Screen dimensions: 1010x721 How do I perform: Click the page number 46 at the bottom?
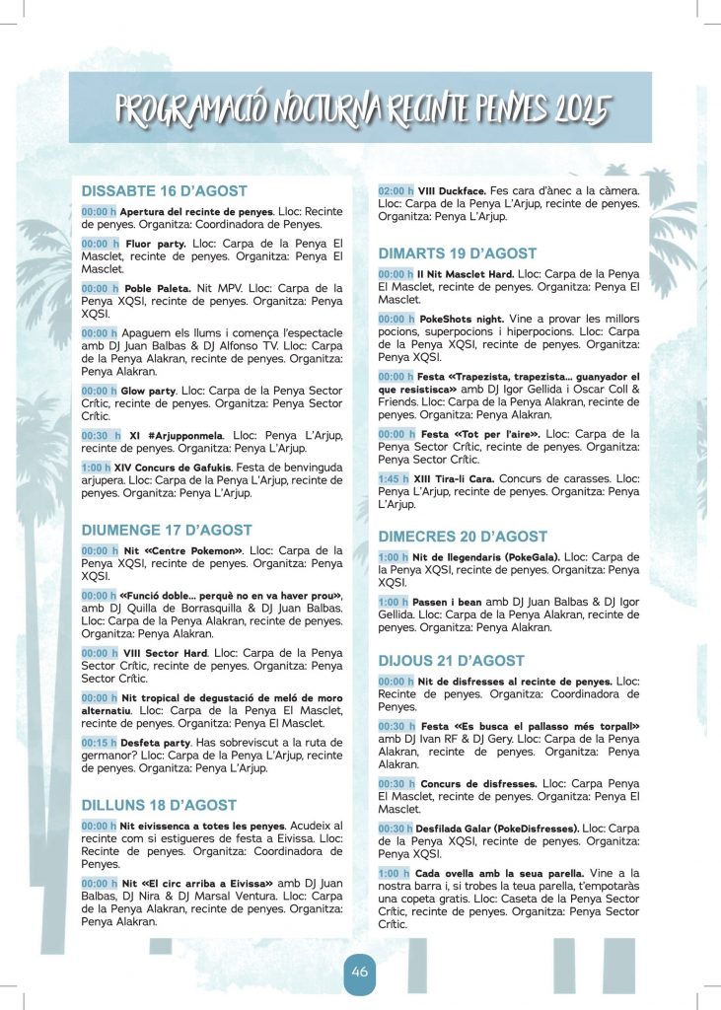359,972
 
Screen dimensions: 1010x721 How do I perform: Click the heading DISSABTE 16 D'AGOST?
164,191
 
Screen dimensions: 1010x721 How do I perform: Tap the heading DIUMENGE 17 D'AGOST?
166,530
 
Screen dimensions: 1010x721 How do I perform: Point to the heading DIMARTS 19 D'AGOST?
458,253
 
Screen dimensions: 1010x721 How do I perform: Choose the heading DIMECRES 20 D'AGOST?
463,537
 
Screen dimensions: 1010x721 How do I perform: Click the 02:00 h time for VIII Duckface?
396,190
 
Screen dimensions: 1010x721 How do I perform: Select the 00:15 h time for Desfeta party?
99,743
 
